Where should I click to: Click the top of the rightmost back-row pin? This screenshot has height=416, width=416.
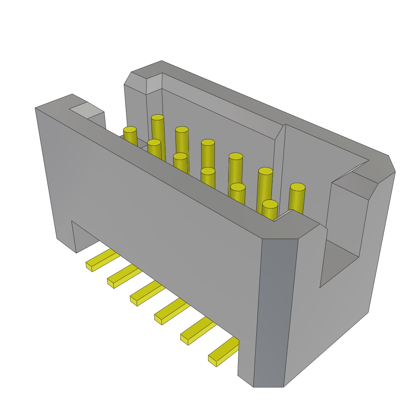(297, 187)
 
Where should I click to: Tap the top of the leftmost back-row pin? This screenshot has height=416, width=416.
(158, 117)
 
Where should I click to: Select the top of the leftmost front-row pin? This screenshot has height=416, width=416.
(130, 130)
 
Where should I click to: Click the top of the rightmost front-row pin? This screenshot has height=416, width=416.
(270, 204)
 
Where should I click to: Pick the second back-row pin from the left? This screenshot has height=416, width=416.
(182, 130)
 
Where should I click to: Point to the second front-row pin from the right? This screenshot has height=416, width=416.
(238, 187)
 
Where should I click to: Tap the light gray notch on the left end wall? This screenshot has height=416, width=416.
(86, 110)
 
